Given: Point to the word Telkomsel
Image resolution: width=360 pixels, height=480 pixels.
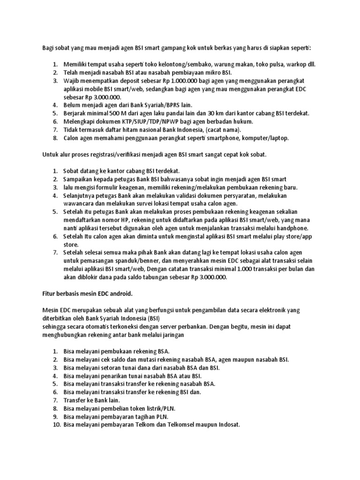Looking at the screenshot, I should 182,425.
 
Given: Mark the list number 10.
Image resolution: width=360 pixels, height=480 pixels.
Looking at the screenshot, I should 55,425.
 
